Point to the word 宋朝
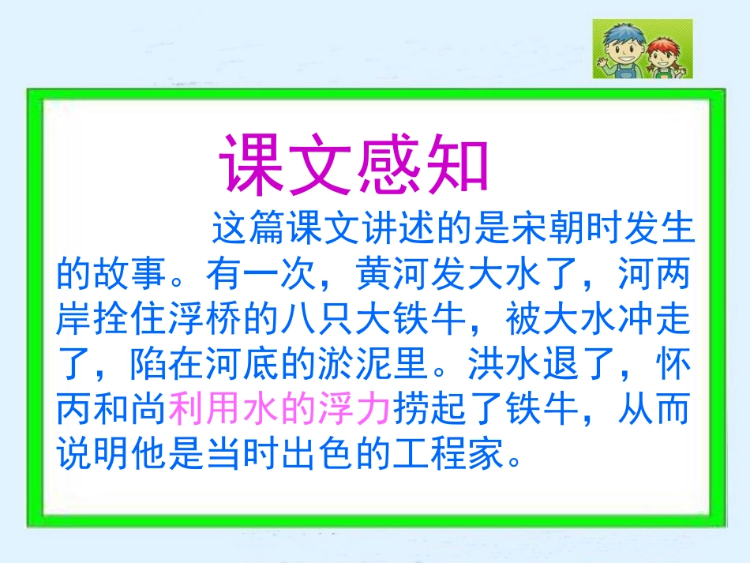511,228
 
